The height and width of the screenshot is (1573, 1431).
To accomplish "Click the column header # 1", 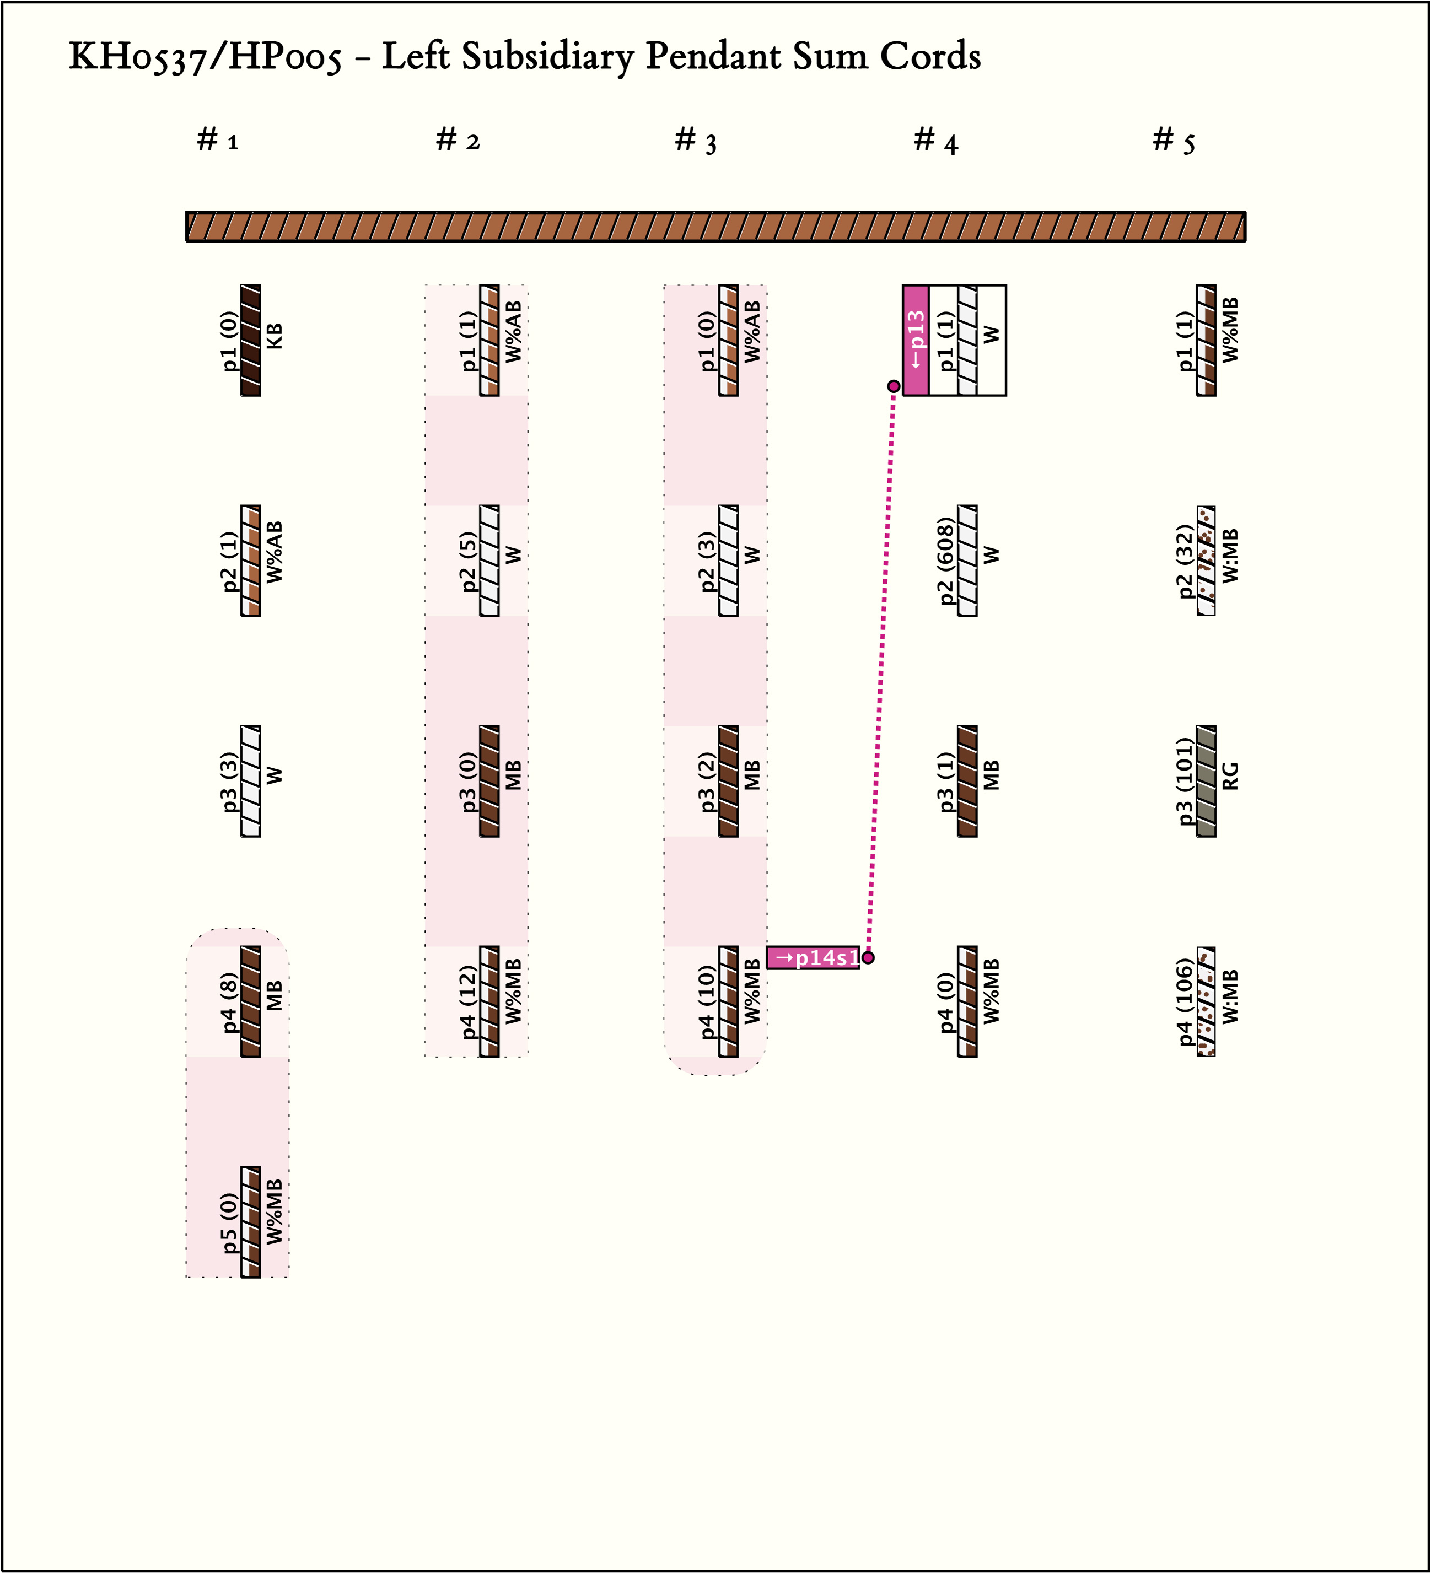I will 218,141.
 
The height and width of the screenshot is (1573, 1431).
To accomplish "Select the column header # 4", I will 935,141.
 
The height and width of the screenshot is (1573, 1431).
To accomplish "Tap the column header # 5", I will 1174,141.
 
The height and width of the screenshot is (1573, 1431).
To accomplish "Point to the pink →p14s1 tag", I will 813,957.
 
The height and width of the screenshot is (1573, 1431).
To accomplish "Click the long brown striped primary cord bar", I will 715,227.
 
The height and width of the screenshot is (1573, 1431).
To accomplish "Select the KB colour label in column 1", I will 275,336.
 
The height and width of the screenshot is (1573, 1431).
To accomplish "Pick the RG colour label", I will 1230,777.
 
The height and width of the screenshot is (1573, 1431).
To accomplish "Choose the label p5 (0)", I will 229,1222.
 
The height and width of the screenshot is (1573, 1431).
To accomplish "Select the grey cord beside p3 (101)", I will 1206,781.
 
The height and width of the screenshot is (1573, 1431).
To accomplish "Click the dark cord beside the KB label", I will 250,340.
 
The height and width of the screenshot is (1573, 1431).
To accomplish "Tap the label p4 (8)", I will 229,1003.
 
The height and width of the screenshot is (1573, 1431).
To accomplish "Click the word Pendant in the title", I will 713,56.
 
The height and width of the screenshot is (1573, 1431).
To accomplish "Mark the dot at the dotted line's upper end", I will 894,386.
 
